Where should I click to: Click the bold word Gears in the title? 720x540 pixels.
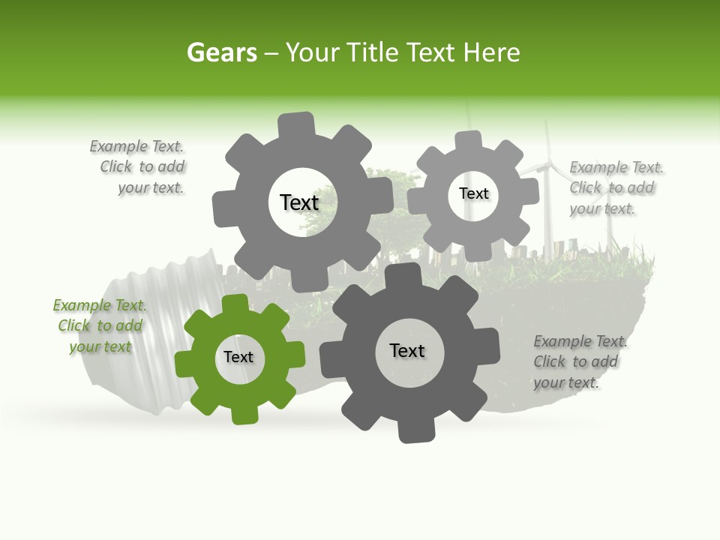[x=221, y=52]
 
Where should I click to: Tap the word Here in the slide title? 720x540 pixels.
[x=490, y=52]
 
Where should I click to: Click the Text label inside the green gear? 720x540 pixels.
[x=238, y=357]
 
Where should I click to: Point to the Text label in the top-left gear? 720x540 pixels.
[x=299, y=202]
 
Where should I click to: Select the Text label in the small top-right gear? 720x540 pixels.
[x=473, y=193]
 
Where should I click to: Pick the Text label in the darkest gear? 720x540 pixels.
[x=407, y=350]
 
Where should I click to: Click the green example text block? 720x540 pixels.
[x=100, y=325]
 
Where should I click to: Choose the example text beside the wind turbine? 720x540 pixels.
[x=615, y=187]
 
